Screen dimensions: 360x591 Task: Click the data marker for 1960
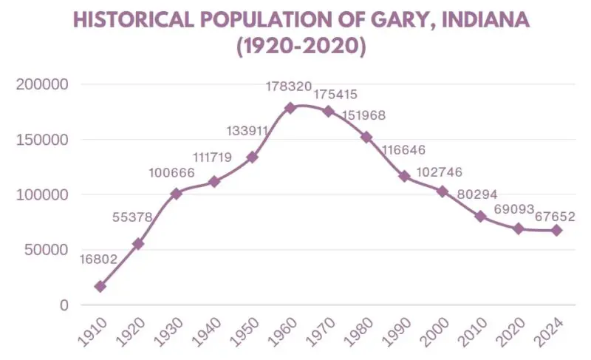click(x=290, y=108)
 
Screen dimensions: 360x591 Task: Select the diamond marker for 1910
click(x=100, y=286)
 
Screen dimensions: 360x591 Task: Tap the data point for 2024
click(x=556, y=231)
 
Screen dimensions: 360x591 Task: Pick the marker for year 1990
click(x=404, y=176)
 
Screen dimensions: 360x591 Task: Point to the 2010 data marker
click(x=480, y=217)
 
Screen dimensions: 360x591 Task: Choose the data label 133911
click(x=247, y=132)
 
